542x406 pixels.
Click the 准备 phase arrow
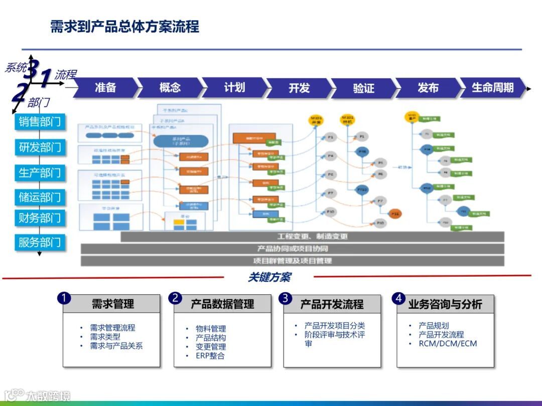coord(106,88)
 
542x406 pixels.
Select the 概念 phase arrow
coord(170,88)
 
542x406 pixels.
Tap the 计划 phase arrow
coord(234,88)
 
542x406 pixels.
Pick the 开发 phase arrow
coord(299,88)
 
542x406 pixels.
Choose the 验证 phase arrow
coord(363,88)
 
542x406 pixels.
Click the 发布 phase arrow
coord(428,88)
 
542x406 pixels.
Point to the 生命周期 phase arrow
coord(493,88)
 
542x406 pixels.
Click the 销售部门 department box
coord(40,121)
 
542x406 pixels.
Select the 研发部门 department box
coord(40,147)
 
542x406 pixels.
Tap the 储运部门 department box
coord(40,197)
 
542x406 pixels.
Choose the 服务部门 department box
coord(40,243)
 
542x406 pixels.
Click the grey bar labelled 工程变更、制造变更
coord(312,236)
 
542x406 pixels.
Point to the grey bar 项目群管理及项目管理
coord(292,261)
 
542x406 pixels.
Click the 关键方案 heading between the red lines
coord(269,277)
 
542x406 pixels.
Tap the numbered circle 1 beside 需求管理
coord(64,298)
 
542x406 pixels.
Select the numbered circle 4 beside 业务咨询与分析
coord(399,298)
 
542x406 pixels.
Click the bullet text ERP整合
coord(210,356)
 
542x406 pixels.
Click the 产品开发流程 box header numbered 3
coord(332,304)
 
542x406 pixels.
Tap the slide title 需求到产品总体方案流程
coord(125,26)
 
